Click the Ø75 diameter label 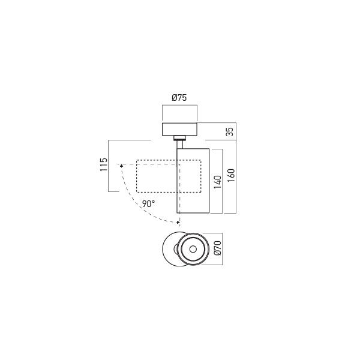pos(179,97)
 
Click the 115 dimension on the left pos(103,165)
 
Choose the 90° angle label pos(149,203)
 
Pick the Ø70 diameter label pos(218,248)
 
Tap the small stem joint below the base pos(179,142)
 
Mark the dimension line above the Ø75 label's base pos(179,106)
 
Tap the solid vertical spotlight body pos(193,180)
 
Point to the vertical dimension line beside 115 pos(109,166)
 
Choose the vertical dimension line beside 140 pos(223,180)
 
